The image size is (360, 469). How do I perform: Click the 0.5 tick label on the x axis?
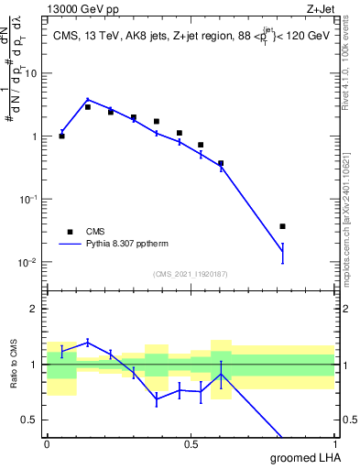pos(191,443)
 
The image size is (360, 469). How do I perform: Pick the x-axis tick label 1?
pos(334,443)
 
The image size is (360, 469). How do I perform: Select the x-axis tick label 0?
pos(47,443)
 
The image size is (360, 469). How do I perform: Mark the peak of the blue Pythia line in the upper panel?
pos(87,100)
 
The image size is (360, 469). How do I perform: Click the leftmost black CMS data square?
pos(61,136)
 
